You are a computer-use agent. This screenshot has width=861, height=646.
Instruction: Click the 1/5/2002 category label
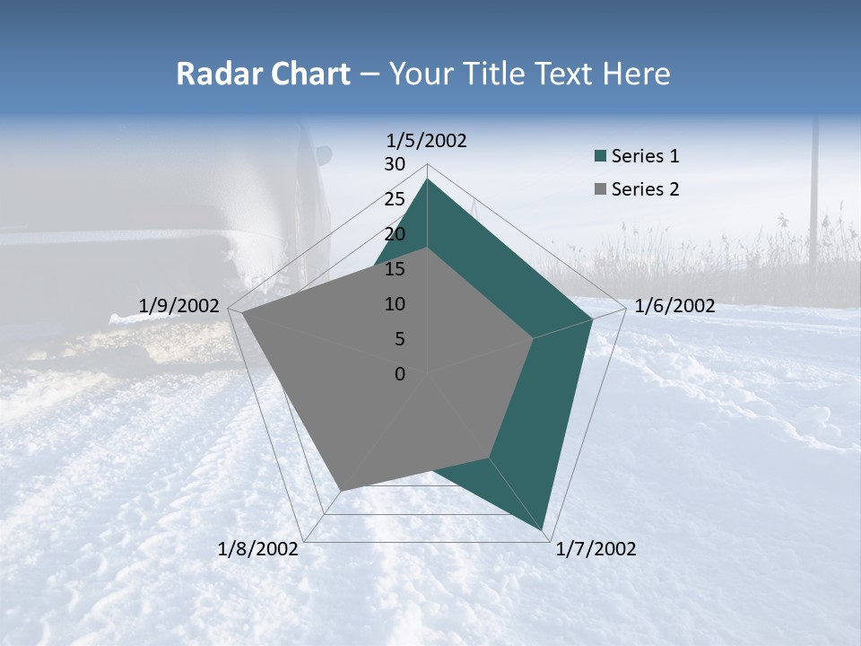pyautogui.click(x=426, y=140)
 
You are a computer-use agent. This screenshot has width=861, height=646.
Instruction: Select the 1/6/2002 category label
pyautogui.click(x=674, y=306)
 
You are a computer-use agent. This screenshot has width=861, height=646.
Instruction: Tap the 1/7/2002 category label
pyautogui.click(x=596, y=549)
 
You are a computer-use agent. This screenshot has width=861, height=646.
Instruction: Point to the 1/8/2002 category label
pyautogui.click(x=258, y=549)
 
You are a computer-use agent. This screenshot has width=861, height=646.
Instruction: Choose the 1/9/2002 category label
pyautogui.click(x=179, y=306)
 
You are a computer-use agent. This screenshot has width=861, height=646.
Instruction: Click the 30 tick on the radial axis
pyautogui.click(x=395, y=164)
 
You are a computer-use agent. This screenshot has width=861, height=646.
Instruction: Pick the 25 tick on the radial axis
pyautogui.click(x=395, y=199)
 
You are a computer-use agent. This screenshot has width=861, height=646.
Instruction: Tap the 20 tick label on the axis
pyautogui.click(x=395, y=234)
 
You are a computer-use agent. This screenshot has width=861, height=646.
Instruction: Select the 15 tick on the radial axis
pyautogui.click(x=395, y=269)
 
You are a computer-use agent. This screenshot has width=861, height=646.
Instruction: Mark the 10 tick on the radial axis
pyautogui.click(x=395, y=304)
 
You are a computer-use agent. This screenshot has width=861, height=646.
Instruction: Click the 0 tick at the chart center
pyautogui.click(x=400, y=374)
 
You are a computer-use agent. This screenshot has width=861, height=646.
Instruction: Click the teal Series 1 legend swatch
pyautogui.click(x=600, y=157)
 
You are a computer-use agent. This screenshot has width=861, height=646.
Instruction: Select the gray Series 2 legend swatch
pyautogui.click(x=600, y=189)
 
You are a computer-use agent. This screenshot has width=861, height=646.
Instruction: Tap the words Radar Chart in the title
pyautogui.click(x=263, y=74)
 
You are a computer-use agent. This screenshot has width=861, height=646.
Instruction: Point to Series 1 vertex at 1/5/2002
pyautogui.click(x=427, y=179)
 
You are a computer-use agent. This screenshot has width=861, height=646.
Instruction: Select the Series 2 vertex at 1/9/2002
pyautogui.click(x=242, y=313)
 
